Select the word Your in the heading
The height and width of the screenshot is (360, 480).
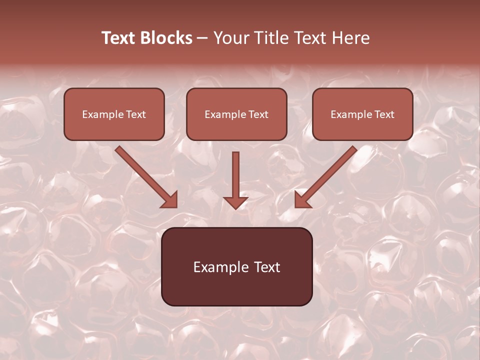pyautogui.click(x=230, y=38)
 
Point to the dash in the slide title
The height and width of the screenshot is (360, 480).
pyautogui.click(x=202, y=38)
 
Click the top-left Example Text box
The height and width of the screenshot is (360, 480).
pyautogui.click(x=114, y=114)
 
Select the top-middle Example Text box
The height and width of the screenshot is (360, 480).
pyautogui.click(x=236, y=114)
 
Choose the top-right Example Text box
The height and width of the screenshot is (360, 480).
pyautogui.click(x=362, y=114)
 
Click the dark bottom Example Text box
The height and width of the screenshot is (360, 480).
pyautogui.click(x=236, y=266)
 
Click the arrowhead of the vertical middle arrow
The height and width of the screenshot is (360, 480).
pyautogui.click(x=235, y=202)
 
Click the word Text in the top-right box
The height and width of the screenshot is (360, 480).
pyautogui.click(x=384, y=114)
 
